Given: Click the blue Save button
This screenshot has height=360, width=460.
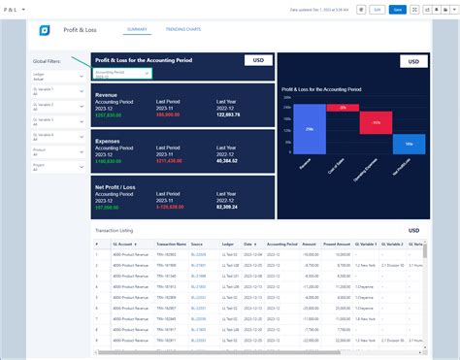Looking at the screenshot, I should point(398,9).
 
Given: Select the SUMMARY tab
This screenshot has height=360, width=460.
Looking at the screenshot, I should point(137,30).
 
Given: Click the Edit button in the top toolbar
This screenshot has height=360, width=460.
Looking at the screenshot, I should point(377,9).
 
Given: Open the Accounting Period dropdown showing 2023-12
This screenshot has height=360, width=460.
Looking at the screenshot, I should point(122,73).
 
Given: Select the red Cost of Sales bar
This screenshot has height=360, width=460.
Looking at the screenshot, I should point(337,108).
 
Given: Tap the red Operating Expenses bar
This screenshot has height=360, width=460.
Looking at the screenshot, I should point(370,122).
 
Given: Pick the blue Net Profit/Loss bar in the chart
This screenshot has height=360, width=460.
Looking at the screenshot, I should point(409,144).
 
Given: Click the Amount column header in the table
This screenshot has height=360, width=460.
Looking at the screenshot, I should point(310,245).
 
